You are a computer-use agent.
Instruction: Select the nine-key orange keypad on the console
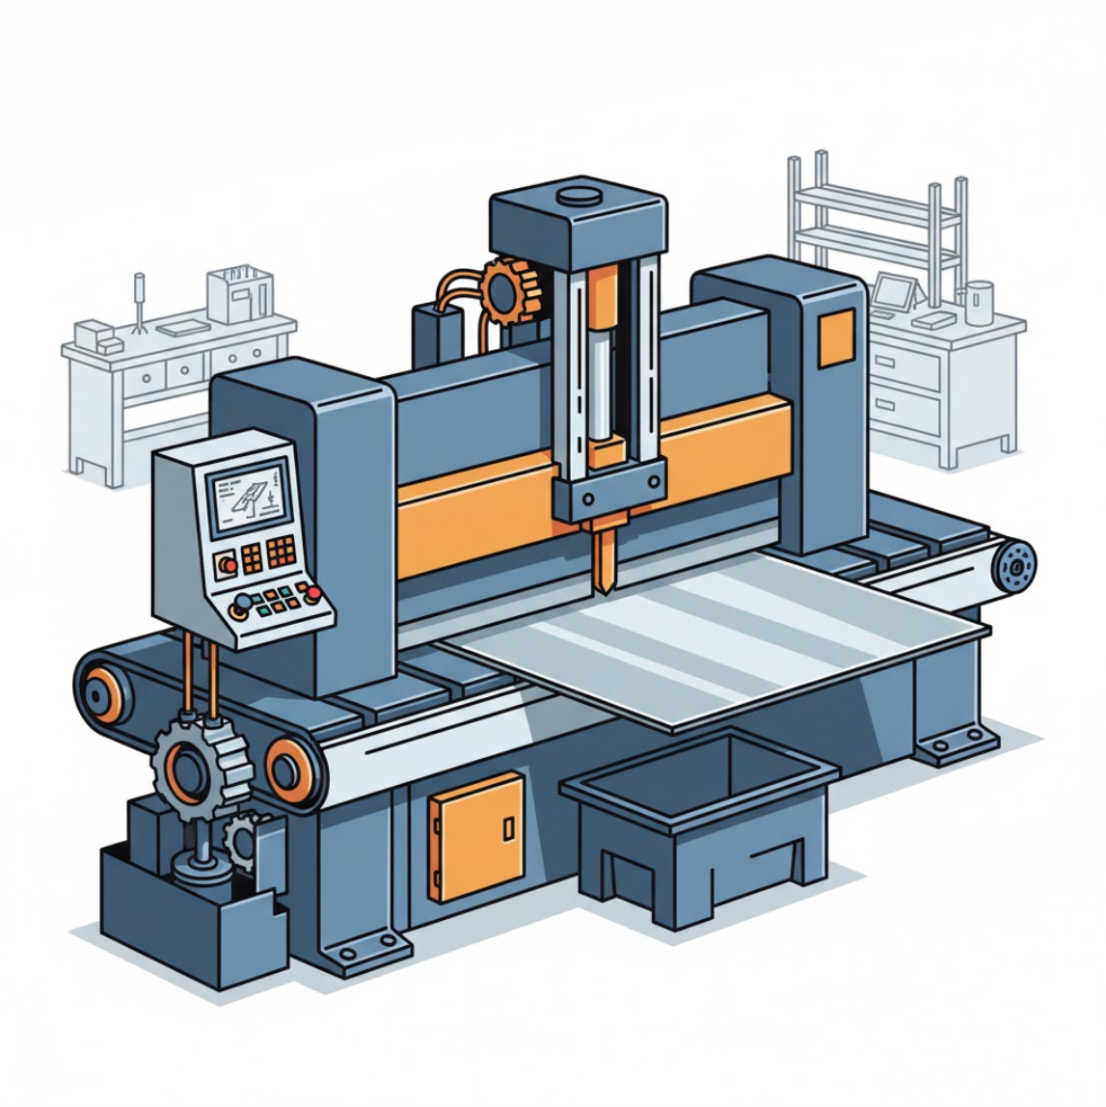(282, 552)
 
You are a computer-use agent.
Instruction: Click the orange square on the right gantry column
(836, 338)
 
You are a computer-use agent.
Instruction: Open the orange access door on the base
(476, 836)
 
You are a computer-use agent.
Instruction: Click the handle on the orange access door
(508, 827)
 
